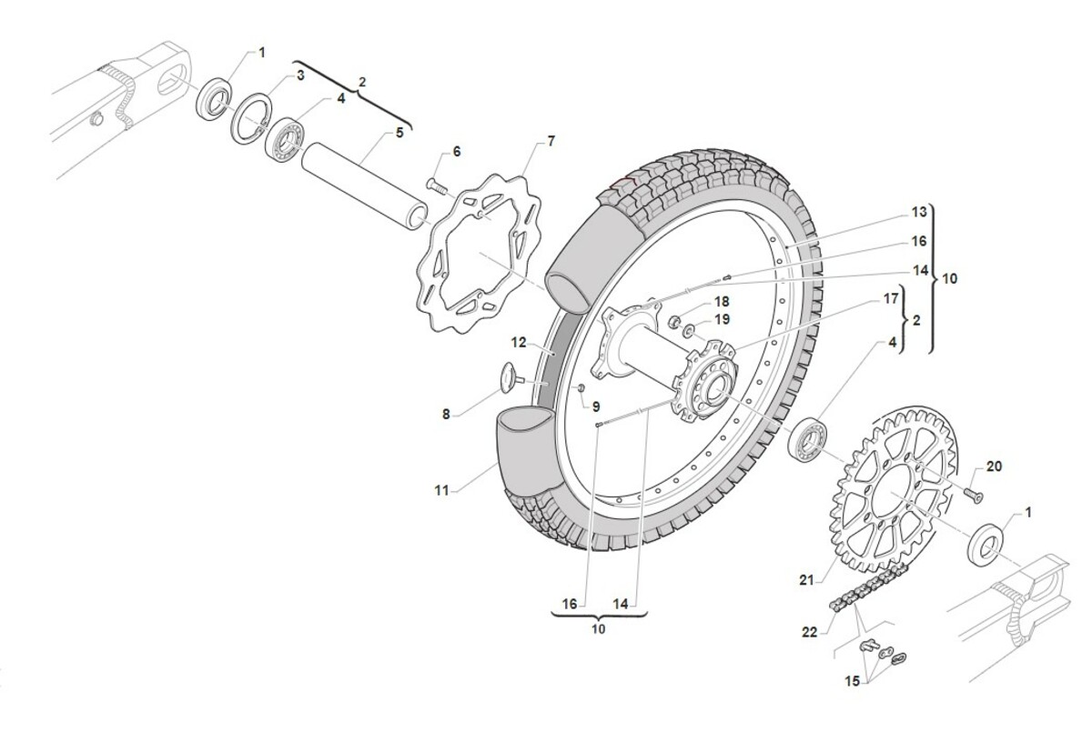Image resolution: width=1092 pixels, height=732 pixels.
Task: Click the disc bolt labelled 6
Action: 437,188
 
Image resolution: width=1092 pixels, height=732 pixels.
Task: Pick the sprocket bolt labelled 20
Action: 972,495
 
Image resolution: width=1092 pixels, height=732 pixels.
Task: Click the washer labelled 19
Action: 692,329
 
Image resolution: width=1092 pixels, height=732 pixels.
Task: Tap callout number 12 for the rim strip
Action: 518,343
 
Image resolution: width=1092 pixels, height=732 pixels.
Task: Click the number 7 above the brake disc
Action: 551,141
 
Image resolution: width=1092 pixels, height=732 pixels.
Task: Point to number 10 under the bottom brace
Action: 598,627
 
